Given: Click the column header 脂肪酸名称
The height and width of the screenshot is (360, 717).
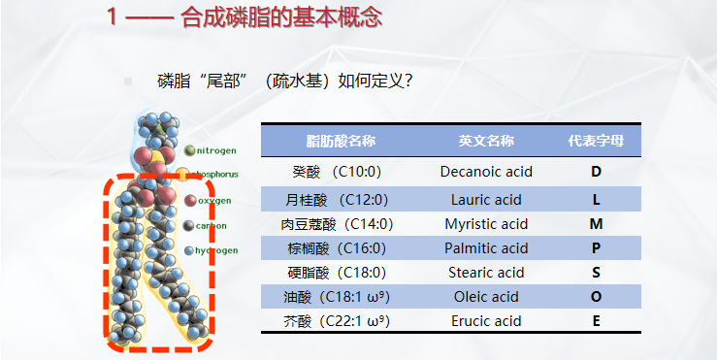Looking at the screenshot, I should (x=341, y=141).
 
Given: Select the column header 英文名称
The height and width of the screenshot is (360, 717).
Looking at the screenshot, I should (x=486, y=141).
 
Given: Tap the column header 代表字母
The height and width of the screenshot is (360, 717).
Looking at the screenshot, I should (x=596, y=141).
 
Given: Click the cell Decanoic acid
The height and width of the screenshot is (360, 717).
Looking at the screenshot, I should (x=486, y=173).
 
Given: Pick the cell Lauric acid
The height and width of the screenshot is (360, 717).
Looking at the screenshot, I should (x=486, y=200).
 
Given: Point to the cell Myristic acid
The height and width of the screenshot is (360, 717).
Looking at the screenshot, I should (x=486, y=224).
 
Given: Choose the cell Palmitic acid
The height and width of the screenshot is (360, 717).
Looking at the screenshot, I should (x=486, y=248).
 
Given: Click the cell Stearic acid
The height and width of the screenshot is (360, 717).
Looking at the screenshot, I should (x=486, y=273).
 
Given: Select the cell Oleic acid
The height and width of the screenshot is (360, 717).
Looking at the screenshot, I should (x=486, y=297).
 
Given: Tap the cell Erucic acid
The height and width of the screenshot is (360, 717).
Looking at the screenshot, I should (x=486, y=321).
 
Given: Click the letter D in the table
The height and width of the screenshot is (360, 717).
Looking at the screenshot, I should (x=596, y=173).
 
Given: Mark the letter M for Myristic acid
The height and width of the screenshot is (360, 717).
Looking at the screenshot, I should (x=596, y=224).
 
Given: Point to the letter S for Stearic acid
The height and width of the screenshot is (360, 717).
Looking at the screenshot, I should (x=596, y=273).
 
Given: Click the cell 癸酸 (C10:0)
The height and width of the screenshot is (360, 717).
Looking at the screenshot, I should (x=336, y=173).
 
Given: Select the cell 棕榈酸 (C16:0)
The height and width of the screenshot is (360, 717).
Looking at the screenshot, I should (x=336, y=248).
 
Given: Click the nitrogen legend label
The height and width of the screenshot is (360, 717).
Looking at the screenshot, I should (x=215, y=150).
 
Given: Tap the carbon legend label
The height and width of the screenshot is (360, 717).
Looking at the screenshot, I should (x=211, y=225).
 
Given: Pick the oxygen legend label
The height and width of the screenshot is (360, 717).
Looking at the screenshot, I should (x=213, y=200).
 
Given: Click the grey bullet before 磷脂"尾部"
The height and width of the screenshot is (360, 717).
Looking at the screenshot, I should (x=127, y=82).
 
